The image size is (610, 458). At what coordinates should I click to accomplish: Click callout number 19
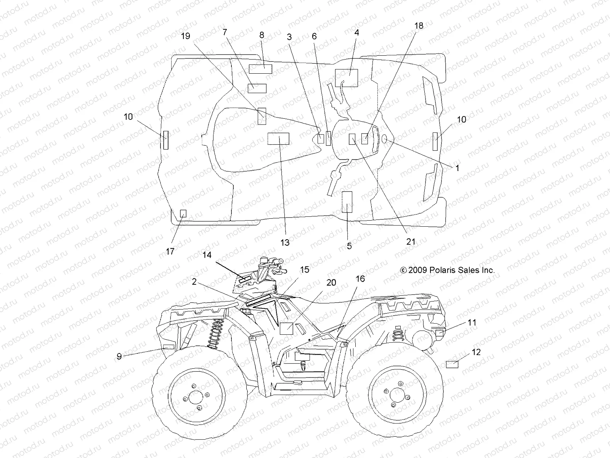(x=185, y=36)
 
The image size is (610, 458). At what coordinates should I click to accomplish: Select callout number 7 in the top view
(x=225, y=32)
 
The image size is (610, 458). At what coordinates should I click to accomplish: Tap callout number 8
(x=262, y=35)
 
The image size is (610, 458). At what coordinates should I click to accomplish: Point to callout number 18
(x=419, y=26)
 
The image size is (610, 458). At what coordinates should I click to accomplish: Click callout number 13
(x=285, y=242)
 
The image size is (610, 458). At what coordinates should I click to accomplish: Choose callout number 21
(x=411, y=242)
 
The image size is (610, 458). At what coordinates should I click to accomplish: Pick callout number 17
(x=170, y=251)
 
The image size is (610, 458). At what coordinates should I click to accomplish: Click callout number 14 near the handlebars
(x=207, y=255)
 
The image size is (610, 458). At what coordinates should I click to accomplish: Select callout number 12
(x=476, y=352)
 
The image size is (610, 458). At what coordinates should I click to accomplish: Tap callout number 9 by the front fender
(x=119, y=356)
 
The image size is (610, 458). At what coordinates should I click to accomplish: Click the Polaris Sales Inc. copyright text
(x=447, y=270)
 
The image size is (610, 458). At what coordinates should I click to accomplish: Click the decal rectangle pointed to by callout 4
(x=346, y=78)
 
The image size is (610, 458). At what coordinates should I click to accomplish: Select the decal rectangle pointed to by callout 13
(x=278, y=139)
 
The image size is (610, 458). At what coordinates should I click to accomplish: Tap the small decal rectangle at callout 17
(x=183, y=213)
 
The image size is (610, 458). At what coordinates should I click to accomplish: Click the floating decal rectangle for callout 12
(x=452, y=364)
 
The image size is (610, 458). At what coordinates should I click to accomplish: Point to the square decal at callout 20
(x=286, y=328)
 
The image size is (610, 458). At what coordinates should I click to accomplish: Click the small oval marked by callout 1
(x=384, y=139)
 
